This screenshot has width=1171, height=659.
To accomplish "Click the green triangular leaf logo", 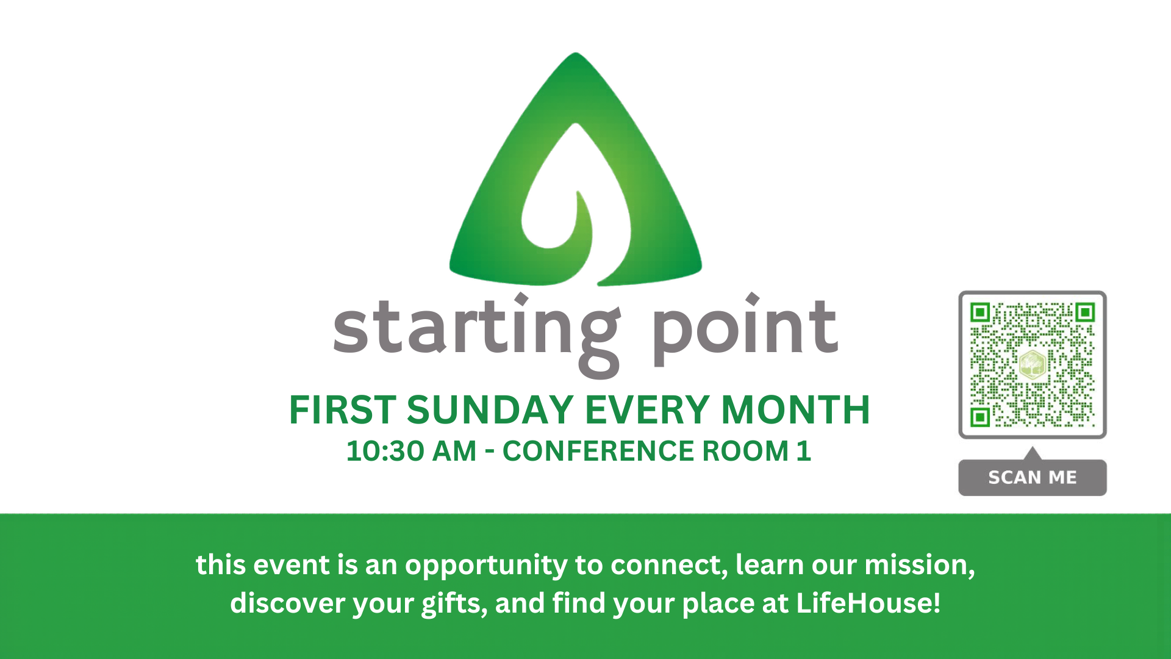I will (x=576, y=177).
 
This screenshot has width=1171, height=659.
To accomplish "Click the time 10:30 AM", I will (x=411, y=452).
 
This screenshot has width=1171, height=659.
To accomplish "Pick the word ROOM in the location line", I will (x=745, y=452).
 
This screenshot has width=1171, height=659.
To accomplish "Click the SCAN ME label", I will (x=1033, y=477).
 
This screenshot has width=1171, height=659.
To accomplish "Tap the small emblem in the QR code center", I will (x=1033, y=365).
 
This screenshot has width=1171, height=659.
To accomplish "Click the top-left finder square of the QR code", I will (x=980, y=312).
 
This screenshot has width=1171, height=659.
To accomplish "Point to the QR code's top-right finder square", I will (x=1086, y=312).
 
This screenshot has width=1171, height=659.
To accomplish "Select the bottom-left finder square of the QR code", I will (x=980, y=417).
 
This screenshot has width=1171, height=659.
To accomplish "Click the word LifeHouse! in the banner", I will (x=868, y=603).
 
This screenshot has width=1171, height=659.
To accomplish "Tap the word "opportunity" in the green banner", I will (x=486, y=565).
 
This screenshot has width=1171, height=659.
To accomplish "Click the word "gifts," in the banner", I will (x=454, y=603).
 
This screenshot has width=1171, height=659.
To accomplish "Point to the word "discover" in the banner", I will (x=288, y=603).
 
